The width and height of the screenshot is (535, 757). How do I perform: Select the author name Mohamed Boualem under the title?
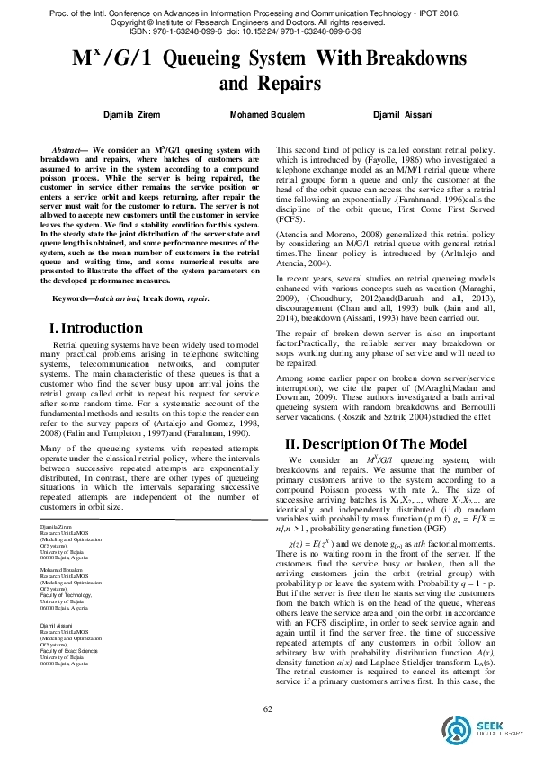click(267, 116)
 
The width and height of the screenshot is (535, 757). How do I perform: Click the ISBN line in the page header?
click(267, 30)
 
